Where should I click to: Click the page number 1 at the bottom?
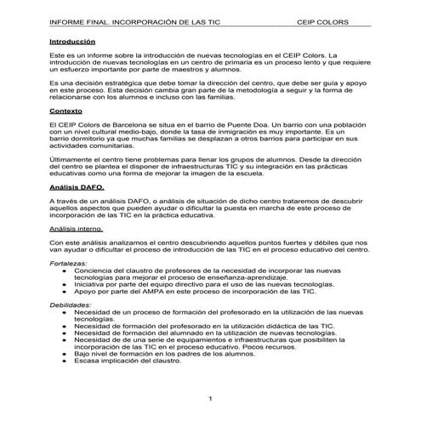(x=209, y=399)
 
